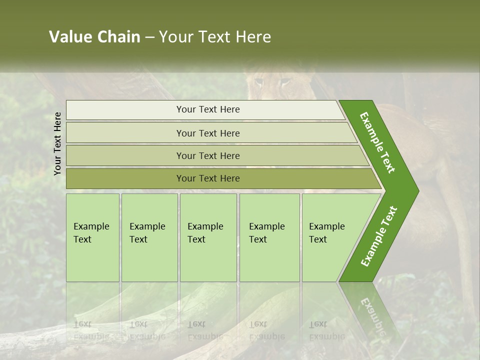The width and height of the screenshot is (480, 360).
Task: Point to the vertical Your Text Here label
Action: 57,143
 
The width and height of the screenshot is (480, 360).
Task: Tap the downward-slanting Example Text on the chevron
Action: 377,142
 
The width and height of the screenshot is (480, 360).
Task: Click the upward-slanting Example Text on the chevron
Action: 379,236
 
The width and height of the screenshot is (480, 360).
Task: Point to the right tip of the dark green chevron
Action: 417,190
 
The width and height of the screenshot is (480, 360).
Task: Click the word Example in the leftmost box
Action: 91,226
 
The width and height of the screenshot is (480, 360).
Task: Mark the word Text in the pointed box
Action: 318,239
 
